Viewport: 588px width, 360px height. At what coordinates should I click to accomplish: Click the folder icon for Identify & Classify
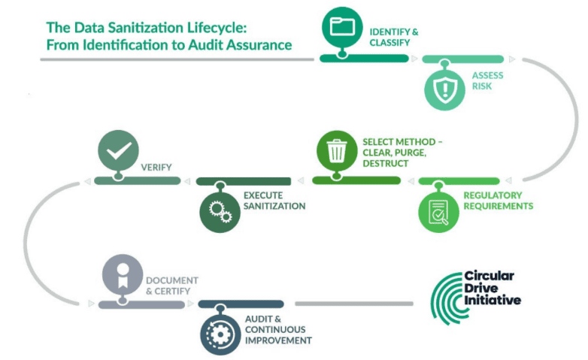[342, 26]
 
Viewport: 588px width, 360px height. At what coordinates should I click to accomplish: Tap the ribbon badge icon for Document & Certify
[121, 275]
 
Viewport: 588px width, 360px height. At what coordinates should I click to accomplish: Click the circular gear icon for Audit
[220, 335]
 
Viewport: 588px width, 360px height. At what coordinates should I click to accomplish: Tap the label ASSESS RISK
[487, 80]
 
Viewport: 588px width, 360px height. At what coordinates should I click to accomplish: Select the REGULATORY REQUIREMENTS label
[498, 201]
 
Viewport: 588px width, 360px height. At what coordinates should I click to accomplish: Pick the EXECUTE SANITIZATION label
[274, 201]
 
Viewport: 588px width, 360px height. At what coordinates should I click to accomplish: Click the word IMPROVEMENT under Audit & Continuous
[278, 340]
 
